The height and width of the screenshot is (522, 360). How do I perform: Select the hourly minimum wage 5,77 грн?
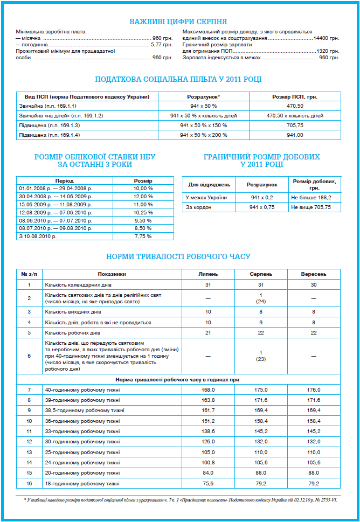(x=161, y=45)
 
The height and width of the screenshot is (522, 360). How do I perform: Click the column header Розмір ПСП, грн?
(x=295, y=96)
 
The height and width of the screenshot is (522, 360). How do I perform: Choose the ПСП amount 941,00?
(x=295, y=135)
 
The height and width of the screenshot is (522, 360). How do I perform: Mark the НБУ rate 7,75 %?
(x=143, y=236)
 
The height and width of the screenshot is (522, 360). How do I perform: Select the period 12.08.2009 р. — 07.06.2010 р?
(x=56, y=212)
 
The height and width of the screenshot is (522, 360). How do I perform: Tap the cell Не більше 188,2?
(x=311, y=198)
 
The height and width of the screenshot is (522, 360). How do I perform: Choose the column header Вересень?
(x=314, y=274)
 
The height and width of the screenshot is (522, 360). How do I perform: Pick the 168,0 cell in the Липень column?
(x=208, y=389)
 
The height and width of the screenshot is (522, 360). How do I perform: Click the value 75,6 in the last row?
(x=208, y=483)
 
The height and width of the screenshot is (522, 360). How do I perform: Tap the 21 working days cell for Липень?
(x=208, y=332)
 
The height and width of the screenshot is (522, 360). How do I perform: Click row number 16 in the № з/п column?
(x=29, y=483)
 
